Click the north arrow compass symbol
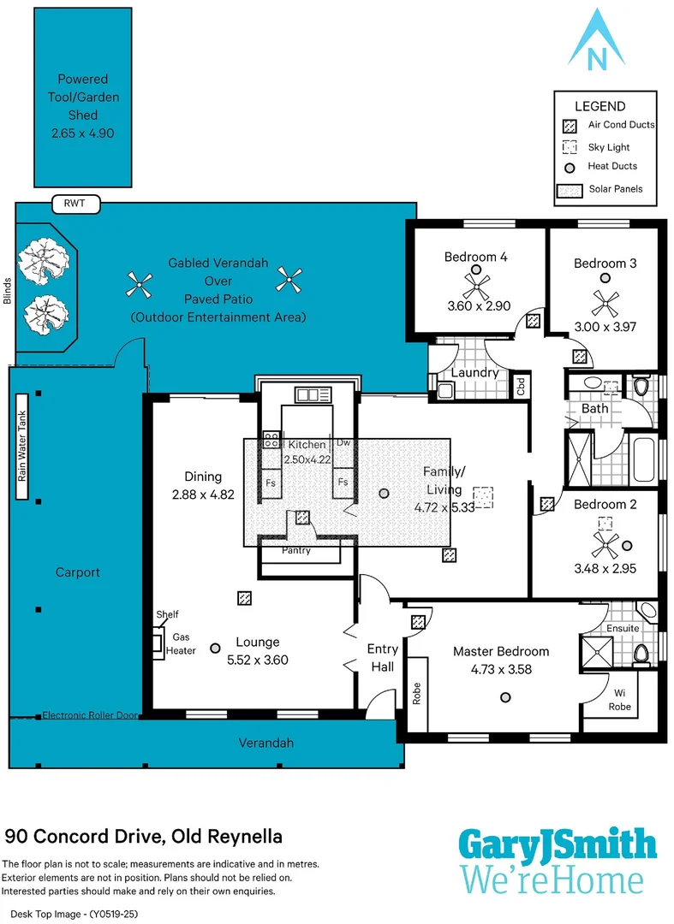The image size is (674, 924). point(596,40)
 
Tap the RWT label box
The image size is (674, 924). point(75,204)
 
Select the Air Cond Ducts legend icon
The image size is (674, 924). point(569,126)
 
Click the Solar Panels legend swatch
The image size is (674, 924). point(570,190)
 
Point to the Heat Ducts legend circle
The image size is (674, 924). point(570,168)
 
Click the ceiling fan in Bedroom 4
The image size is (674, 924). point(476,287)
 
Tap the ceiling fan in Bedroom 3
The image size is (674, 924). point(605,304)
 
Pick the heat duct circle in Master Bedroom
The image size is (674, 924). point(505,698)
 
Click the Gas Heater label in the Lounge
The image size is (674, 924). point(181,644)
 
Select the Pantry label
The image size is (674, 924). point(296,550)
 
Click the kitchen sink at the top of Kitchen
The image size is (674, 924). point(313,394)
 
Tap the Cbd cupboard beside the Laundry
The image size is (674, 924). point(521,387)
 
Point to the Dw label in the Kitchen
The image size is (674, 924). point(343,442)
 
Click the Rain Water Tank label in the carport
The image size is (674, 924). point(21,446)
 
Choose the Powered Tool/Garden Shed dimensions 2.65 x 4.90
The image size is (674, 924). point(82,133)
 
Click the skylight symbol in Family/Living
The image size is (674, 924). point(483,497)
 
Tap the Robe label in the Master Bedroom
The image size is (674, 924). point(417,694)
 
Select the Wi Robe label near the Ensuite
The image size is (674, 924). point(620,700)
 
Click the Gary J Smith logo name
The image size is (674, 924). point(558,844)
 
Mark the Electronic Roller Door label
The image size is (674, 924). point(90,715)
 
